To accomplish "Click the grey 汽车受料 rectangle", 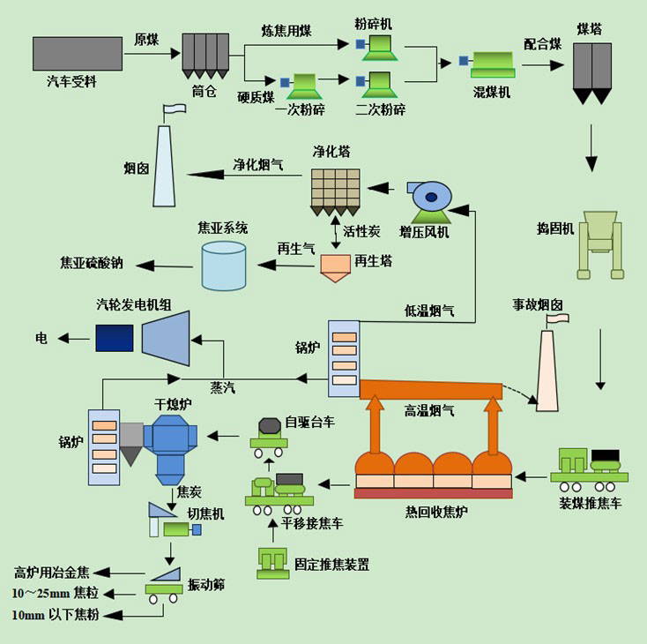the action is pos(78,54).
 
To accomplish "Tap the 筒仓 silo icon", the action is pos(205,56).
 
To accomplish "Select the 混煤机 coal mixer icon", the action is pos(487,64).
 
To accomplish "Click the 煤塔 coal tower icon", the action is pos(592,73).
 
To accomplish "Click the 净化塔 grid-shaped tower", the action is pos(336,192).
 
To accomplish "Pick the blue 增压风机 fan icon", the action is pos(429,202).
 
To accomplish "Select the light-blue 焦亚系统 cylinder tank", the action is pos(224,266).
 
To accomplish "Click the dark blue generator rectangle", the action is pos(115,338).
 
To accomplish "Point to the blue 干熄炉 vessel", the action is pos(170,449).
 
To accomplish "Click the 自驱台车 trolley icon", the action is pos(269,438).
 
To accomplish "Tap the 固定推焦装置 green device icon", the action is pos(272,563).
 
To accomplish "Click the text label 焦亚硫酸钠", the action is pos(92,263).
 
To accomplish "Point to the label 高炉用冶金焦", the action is pos(52,573).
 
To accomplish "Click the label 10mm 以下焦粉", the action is pos(56,615).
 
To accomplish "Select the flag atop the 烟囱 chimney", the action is pos(175,109).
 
